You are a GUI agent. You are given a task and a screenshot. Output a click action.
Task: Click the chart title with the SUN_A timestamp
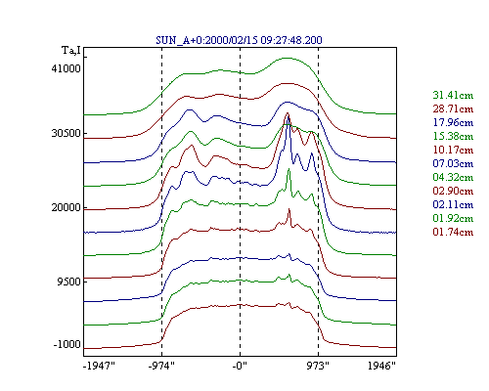coord(239,40)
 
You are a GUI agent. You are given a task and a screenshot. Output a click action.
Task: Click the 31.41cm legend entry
coord(453,95)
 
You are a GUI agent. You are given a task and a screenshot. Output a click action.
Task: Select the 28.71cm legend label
coord(453,109)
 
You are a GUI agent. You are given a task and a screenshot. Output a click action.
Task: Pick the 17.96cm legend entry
coord(453,122)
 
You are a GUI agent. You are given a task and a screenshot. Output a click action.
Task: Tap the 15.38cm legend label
coord(453,136)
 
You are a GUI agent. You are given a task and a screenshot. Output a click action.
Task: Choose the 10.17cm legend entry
coord(453,150)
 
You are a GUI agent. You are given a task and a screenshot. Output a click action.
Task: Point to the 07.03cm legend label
coord(453,163)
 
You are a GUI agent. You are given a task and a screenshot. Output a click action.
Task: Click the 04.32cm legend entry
coord(453,177)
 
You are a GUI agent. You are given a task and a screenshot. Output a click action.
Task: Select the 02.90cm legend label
coord(453,191)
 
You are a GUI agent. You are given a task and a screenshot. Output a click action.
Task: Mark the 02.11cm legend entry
coord(453,204)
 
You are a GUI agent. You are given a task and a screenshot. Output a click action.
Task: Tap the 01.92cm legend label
coord(453,218)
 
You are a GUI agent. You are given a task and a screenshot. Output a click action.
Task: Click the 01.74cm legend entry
coord(453,232)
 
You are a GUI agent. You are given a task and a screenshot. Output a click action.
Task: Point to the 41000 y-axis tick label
coord(66,68)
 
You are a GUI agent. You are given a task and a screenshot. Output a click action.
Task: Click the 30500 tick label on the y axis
coord(66,133)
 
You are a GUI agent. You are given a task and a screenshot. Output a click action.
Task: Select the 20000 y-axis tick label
coord(66,207)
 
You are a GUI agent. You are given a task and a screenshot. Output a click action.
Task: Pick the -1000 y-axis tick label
coord(67,344)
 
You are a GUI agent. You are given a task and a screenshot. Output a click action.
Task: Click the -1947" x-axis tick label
coord(100,366)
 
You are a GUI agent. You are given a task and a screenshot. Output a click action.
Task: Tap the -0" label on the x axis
coord(240,366)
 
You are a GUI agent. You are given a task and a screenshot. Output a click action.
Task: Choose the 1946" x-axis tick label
coord(381,366)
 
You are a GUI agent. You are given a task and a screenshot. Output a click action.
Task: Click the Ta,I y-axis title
coord(71,51)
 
